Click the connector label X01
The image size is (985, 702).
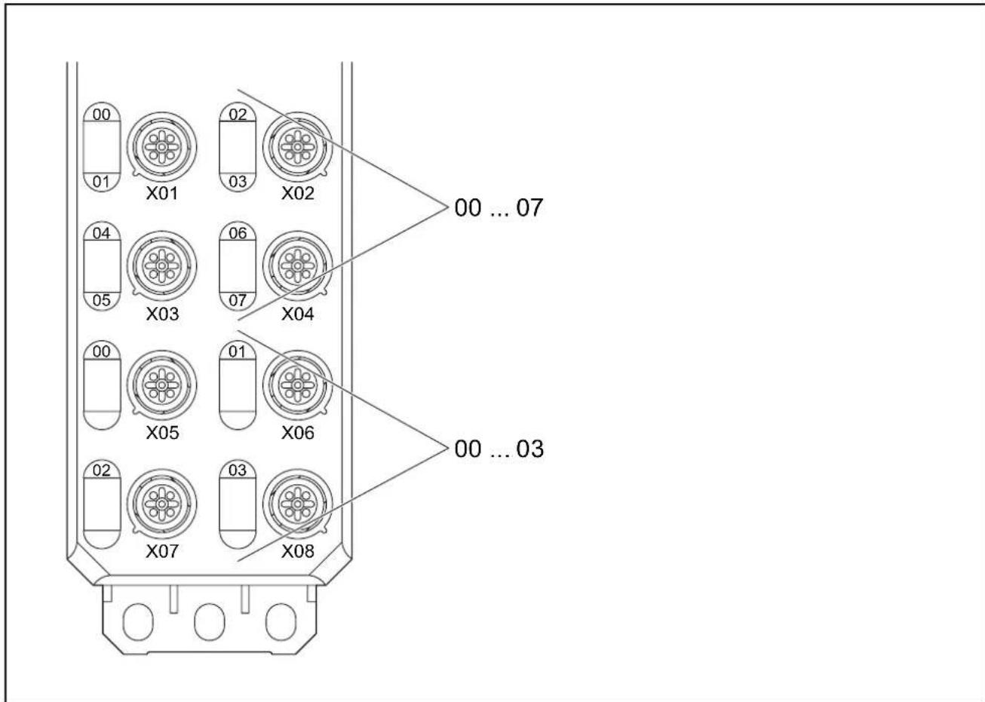click(162, 194)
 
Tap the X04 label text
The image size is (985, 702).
click(298, 314)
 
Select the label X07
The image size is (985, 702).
click(162, 551)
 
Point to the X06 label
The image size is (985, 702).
click(298, 433)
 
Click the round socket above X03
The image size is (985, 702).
click(162, 266)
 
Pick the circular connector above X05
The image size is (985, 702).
click(162, 385)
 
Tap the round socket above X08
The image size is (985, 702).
click(298, 504)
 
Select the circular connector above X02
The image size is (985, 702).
click(298, 147)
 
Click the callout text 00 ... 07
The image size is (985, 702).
click(499, 207)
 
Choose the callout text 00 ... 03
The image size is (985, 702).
click(499, 449)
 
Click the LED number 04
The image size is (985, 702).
click(102, 233)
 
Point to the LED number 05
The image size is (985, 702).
click(102, 300)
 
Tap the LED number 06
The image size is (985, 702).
click(238, 233)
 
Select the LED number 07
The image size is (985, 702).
click(238, 300)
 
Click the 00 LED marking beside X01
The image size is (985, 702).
click(102, 115)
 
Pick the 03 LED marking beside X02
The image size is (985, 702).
click(238, 182)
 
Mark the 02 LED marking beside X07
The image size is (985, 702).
click(102, 471)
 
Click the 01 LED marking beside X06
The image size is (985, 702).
click(238, 351)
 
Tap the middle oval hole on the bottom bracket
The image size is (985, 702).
click(210, 622)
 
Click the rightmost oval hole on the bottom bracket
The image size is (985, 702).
click(281, 622)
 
